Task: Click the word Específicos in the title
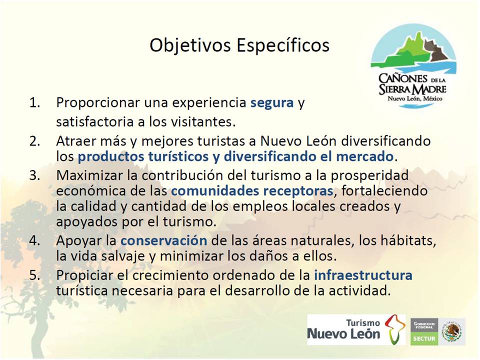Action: pos(283,46)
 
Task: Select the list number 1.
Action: pos(34,102)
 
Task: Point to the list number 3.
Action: pos(34,175)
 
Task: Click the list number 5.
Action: pos(34,275)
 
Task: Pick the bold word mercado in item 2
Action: pos(364,156)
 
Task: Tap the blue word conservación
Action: pos(164,240)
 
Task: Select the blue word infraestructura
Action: pos(363,275)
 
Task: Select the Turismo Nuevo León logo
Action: pos(356,329)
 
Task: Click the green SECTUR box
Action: pos(424,338)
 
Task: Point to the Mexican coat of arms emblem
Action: pos(452,331)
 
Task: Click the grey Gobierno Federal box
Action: pos(424,325)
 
